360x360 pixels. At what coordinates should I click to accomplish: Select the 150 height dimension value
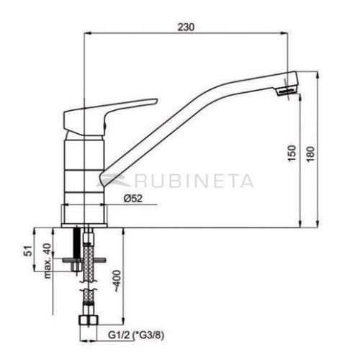coord(291,154)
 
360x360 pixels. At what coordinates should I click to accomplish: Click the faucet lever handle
coord(108,112)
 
